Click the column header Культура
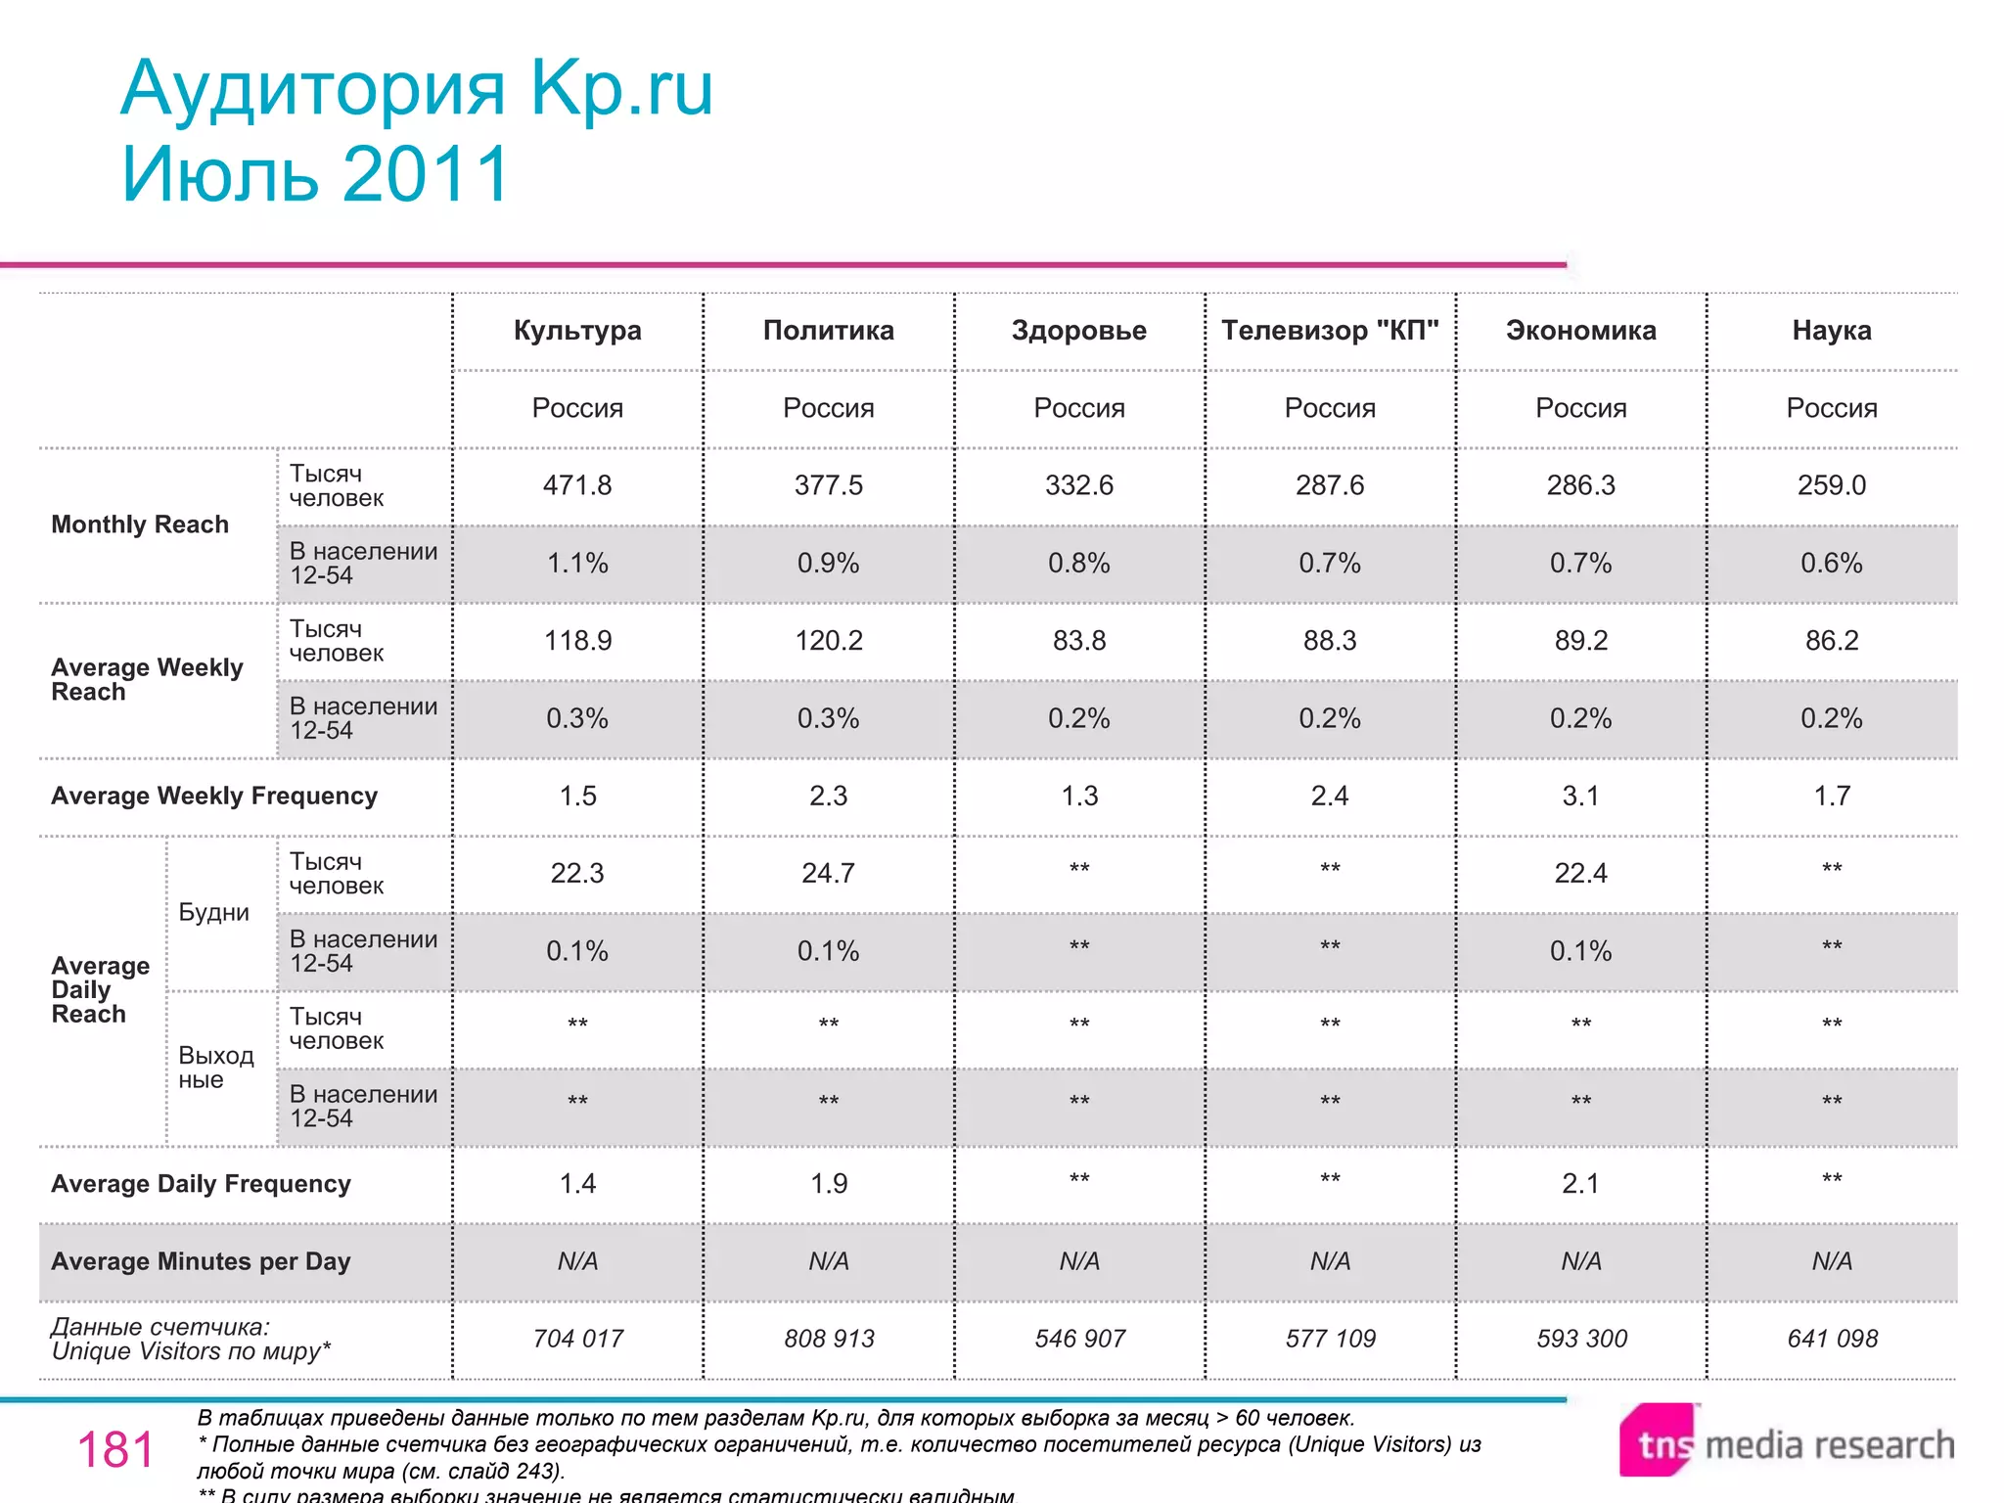(x=577, y=331)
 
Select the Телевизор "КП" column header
(x=1330, y=331)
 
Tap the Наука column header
(x=1831, y=331)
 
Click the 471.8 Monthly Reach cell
(x=577, y=485)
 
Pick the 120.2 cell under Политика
(x=828, y=641)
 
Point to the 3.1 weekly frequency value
(x=1580, y=796)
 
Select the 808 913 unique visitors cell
(x=828, y=1339)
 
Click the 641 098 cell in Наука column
(x=1832, y=1339)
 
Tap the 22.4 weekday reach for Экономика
(x=1580, y=873)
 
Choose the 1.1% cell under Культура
(x=577, y=564)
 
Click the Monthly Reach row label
(x=140, y=524)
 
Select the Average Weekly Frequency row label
(x=214, y=796)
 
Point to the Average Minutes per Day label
(x=201, y=1261)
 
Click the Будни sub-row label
(x=213, y=913)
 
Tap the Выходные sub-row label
(x=215, y=1068)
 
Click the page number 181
(x=115, y=1449)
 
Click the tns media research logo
(x=1786, y=1442)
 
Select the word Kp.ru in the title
(x=621, y=89)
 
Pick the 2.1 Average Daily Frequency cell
(x=1580, y=1184)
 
